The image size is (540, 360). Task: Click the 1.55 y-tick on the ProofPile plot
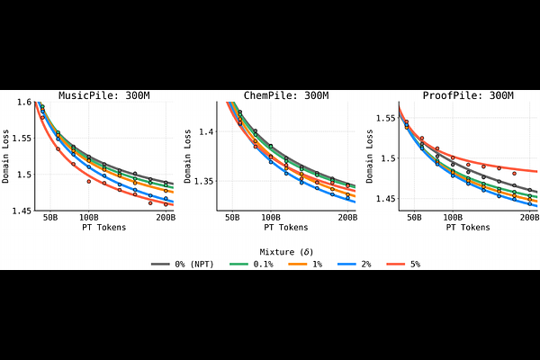tap(384, 118)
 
